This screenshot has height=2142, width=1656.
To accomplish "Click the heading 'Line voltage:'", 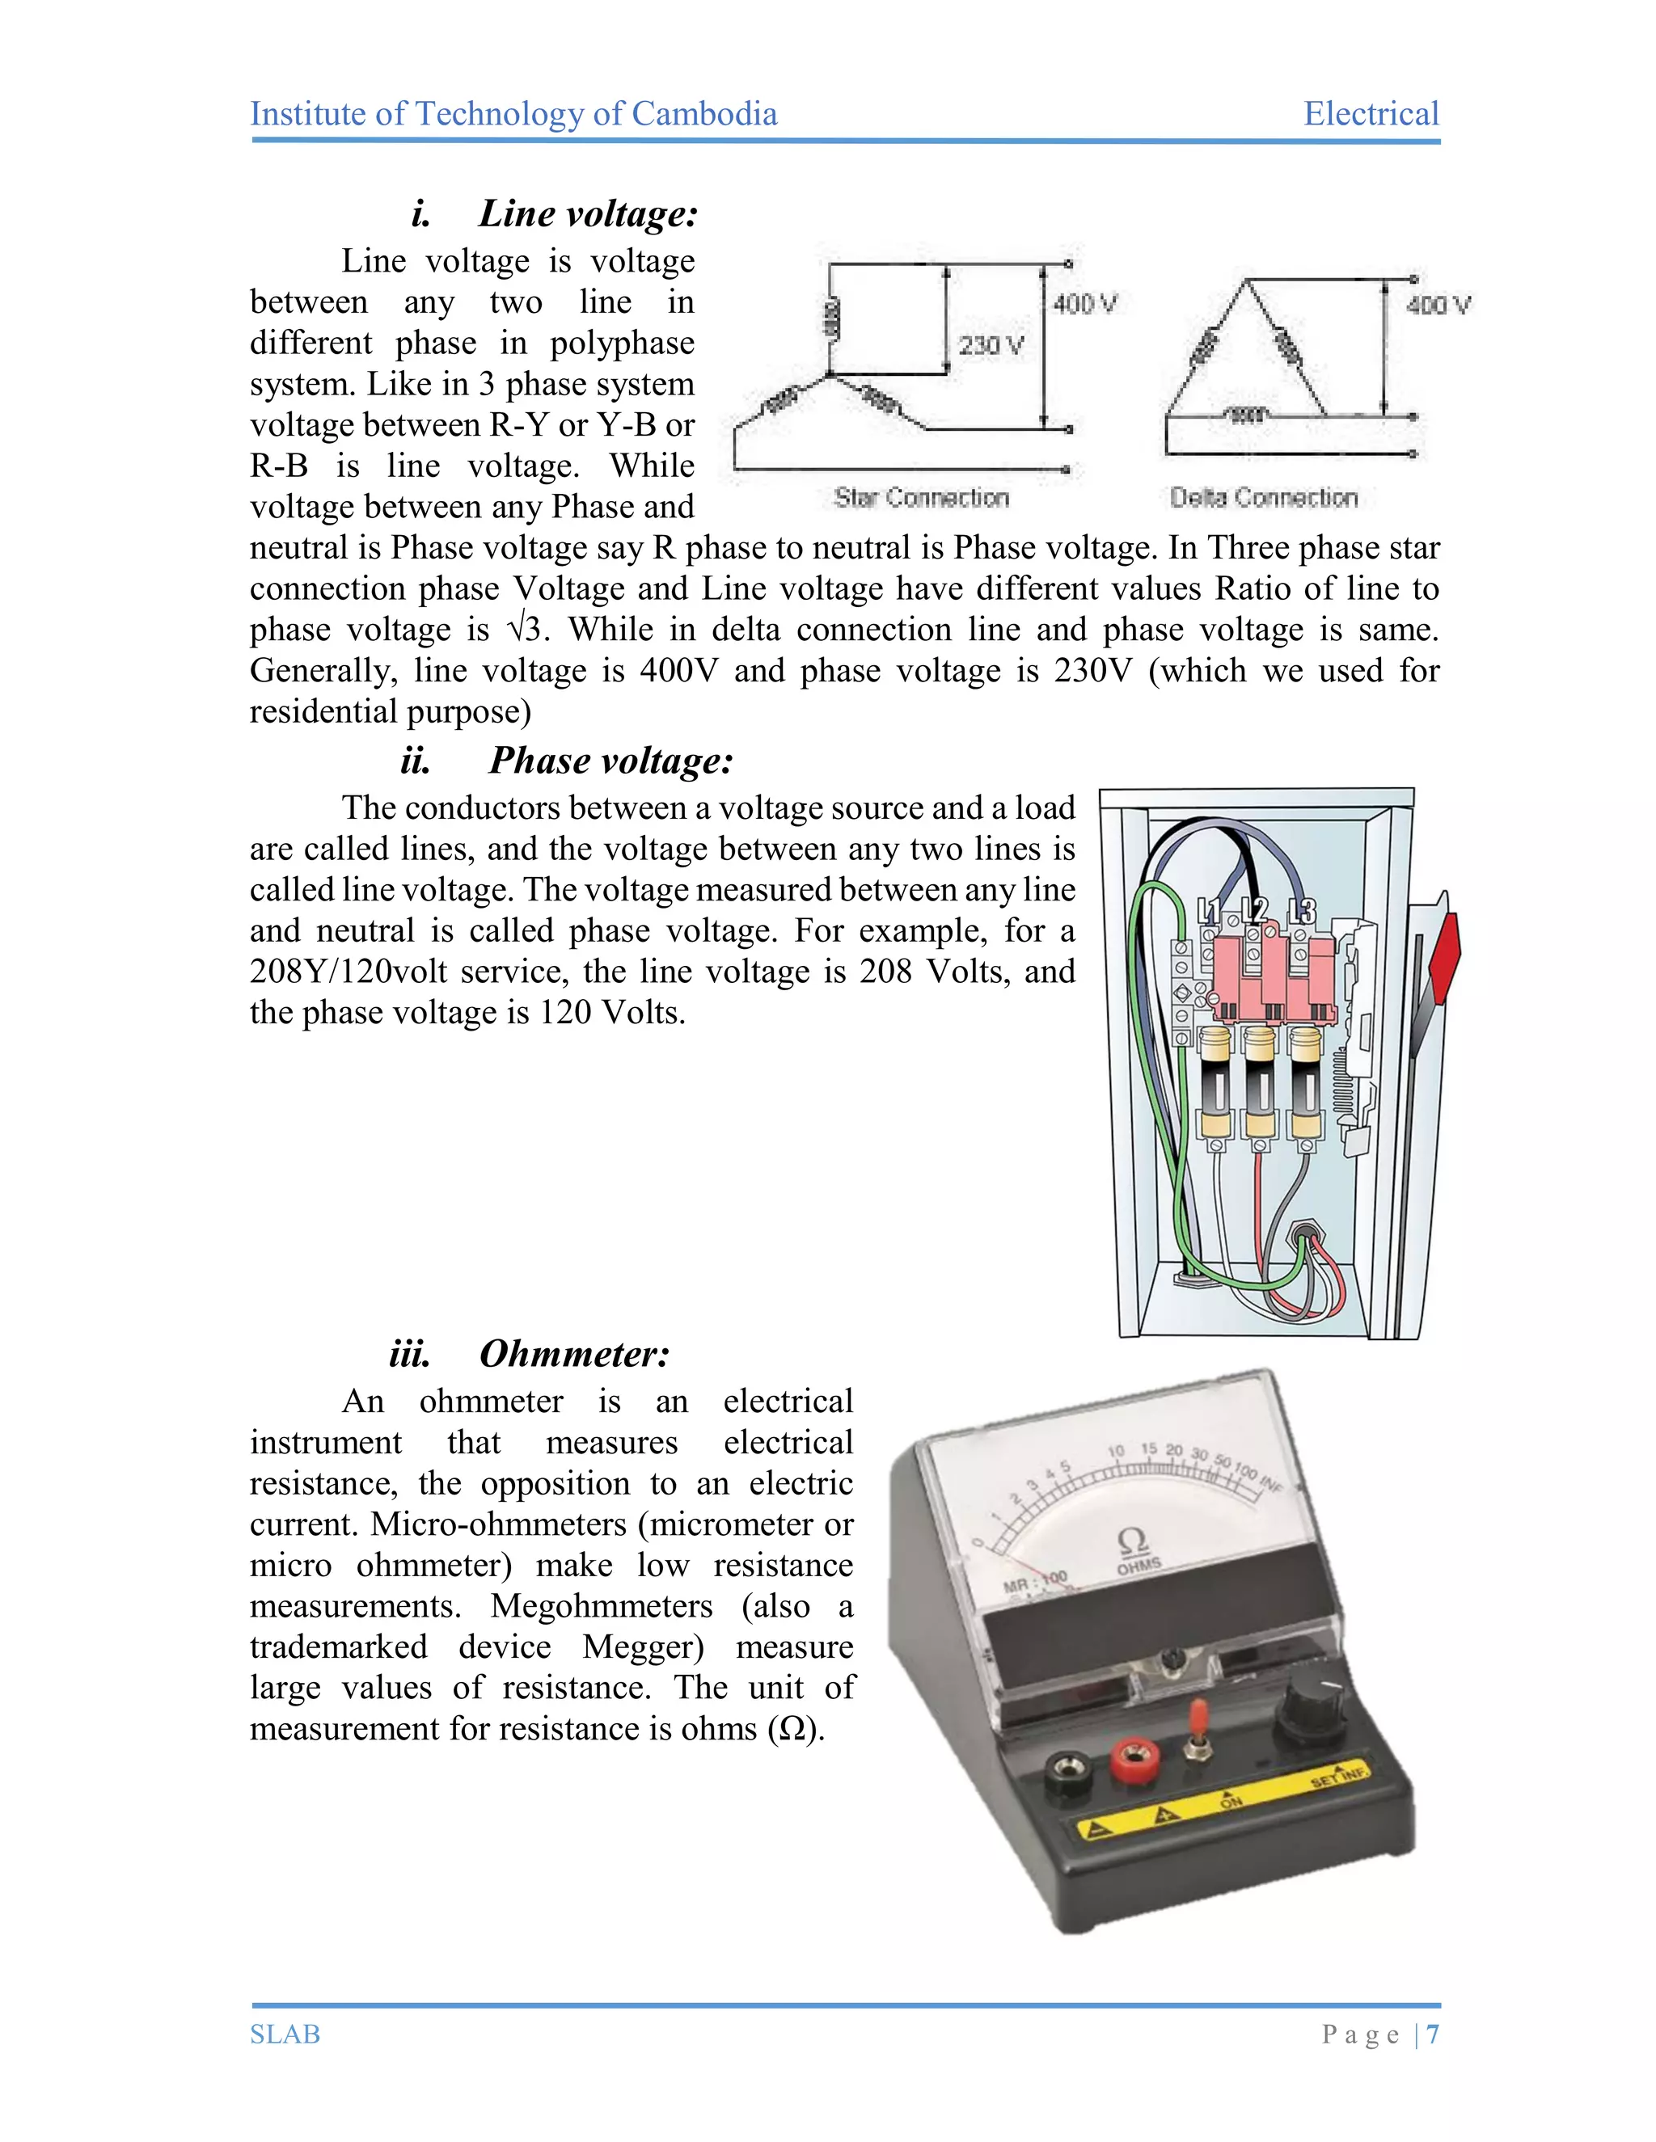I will pyautogui.click(x=588, y=214).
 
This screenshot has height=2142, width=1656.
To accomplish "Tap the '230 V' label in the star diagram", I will pyautogui.click(x=991, y=345).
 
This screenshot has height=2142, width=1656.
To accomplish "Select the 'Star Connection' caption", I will pyautogui.click(x=921, y=498).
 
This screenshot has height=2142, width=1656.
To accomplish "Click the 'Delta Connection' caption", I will pyautogui.click(x=1264, y=498).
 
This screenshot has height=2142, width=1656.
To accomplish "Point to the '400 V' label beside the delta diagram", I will pyautogui.click(x=1438, y=305).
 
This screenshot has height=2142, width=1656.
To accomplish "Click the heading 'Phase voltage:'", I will pyautogui.click(x=610, y=761).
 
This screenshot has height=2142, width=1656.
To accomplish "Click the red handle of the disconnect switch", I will pyautogui.click(x=1444, y=956).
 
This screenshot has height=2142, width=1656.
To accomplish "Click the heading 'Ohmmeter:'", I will pyautogui.click(x=574, y=1355).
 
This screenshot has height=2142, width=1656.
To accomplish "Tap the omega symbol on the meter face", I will pyautogui.click(x=1133, y=1541).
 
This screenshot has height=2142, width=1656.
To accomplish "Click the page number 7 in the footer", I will pyautogui.click(x=1434, y=2034).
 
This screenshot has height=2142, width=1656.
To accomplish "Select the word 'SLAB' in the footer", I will pyautogui.click(x=285, y=2034).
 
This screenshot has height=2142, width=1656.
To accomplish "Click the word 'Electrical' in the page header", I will pyautogui.click(x=1371, y=114).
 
